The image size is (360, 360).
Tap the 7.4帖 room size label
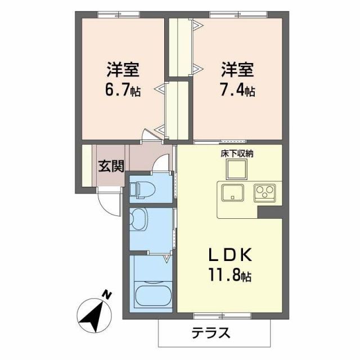[238, 90]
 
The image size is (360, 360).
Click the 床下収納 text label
[236, 153]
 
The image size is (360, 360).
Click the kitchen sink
[233, 192]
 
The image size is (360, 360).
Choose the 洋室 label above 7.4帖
[237, 71]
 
